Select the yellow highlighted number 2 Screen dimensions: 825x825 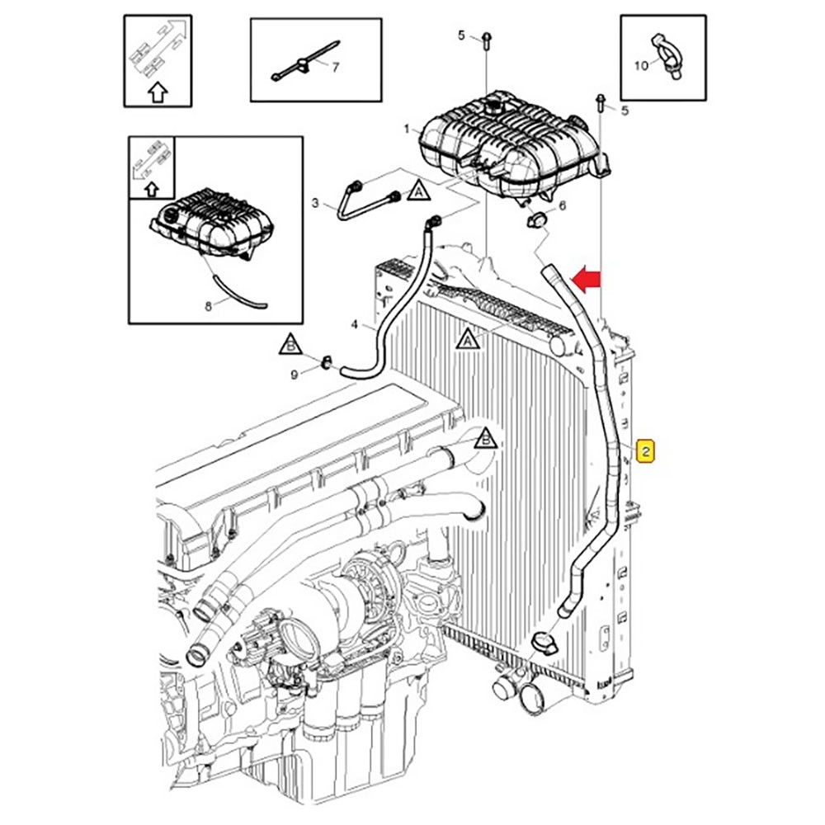(647, 450)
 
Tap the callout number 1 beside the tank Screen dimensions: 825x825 (407, 130)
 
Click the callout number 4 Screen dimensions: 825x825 (355, 325)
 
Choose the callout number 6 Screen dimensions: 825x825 (563, 206)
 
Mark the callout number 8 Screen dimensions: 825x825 (208, 306)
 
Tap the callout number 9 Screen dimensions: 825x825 (295, 375)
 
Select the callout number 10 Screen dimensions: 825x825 (641, 65)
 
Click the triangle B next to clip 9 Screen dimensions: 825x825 (290, 343)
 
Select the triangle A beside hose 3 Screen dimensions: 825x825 (420, 191)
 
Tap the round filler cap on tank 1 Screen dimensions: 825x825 (494, 104)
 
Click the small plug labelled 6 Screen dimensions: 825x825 (535, 219)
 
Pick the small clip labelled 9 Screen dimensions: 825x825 (326, 361)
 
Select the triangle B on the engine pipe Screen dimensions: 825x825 (486, 438)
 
